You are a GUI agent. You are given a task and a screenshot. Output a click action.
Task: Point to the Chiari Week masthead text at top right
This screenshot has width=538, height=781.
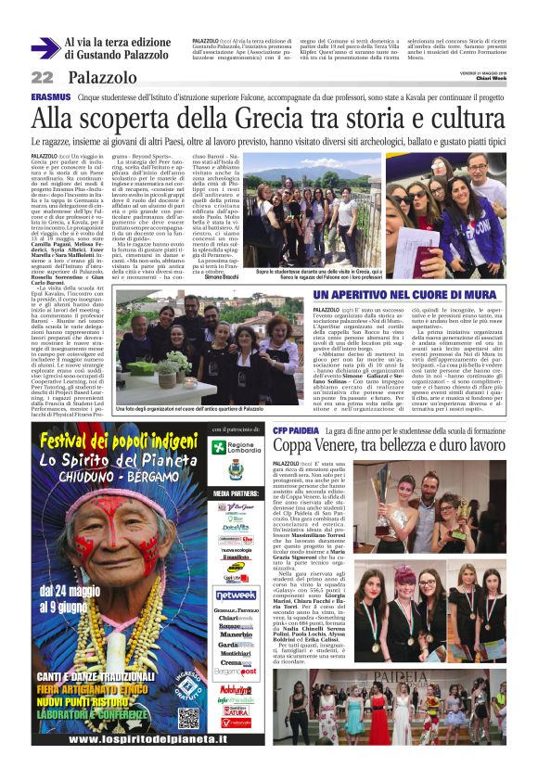tap(489, 79)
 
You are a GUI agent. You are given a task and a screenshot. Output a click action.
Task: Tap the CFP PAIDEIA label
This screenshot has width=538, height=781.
tap(296, 431)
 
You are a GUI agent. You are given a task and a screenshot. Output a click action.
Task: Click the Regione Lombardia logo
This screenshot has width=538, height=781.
tap(236, 448)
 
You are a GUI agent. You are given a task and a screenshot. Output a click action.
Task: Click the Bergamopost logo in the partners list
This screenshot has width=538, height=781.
tap(235, 669)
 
